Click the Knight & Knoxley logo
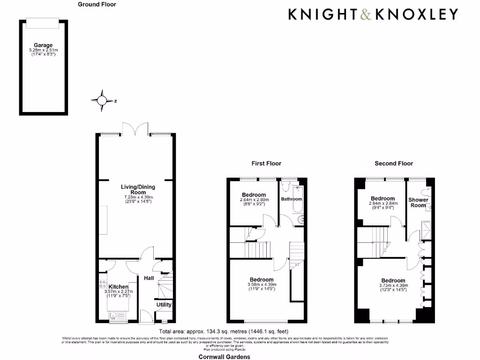pyautogui.click(x=373, y=14)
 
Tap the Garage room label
pyautogui.click(x=43, y=45)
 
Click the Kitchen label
pyautogui.click(x=119, y=287)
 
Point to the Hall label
pyautogui.click(x=149, y=278)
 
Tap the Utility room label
pyautogui.click(x=164, y=304)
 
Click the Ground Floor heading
pyautogui.click(x=97, y=4)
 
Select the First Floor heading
pyautogui.click(x=266, y=164)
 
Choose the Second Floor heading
pyautogui.click(x=394, y=164)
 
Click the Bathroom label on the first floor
pyautogui.click(x=292, y=199)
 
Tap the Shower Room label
pyautogui.click(x=418, y=202)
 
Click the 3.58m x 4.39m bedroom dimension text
pyautogui.click(x=262, y=285)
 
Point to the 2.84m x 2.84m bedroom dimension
pyautogui.click(x=382, y=203)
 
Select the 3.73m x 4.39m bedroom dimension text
pyautogui.click(x=393, y=285)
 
